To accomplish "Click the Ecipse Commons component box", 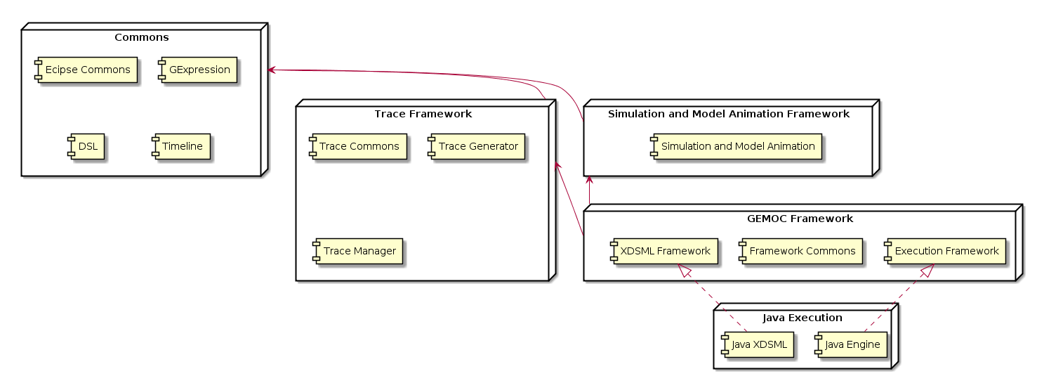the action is (86, 70).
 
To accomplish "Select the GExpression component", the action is (198, 70).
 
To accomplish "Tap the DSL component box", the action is (86, 146).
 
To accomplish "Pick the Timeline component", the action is (181, 146).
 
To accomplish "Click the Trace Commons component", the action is (358, 146).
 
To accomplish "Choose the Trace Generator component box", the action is (476, 146).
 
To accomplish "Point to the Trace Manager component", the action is (358, 252).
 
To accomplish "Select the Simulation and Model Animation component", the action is (736, 146).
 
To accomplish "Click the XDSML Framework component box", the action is (664, 252).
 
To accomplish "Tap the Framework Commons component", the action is (800, 252).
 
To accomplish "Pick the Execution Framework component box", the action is (945, 252).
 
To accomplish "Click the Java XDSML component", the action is (758, 344).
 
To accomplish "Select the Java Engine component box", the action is (851, 344).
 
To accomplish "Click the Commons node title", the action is (142, 37).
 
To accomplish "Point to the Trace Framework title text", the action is (423, 114).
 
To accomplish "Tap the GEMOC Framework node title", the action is (800, 219).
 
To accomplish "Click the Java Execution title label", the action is (802, 318).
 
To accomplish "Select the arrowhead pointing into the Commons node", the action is (272, 70).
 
